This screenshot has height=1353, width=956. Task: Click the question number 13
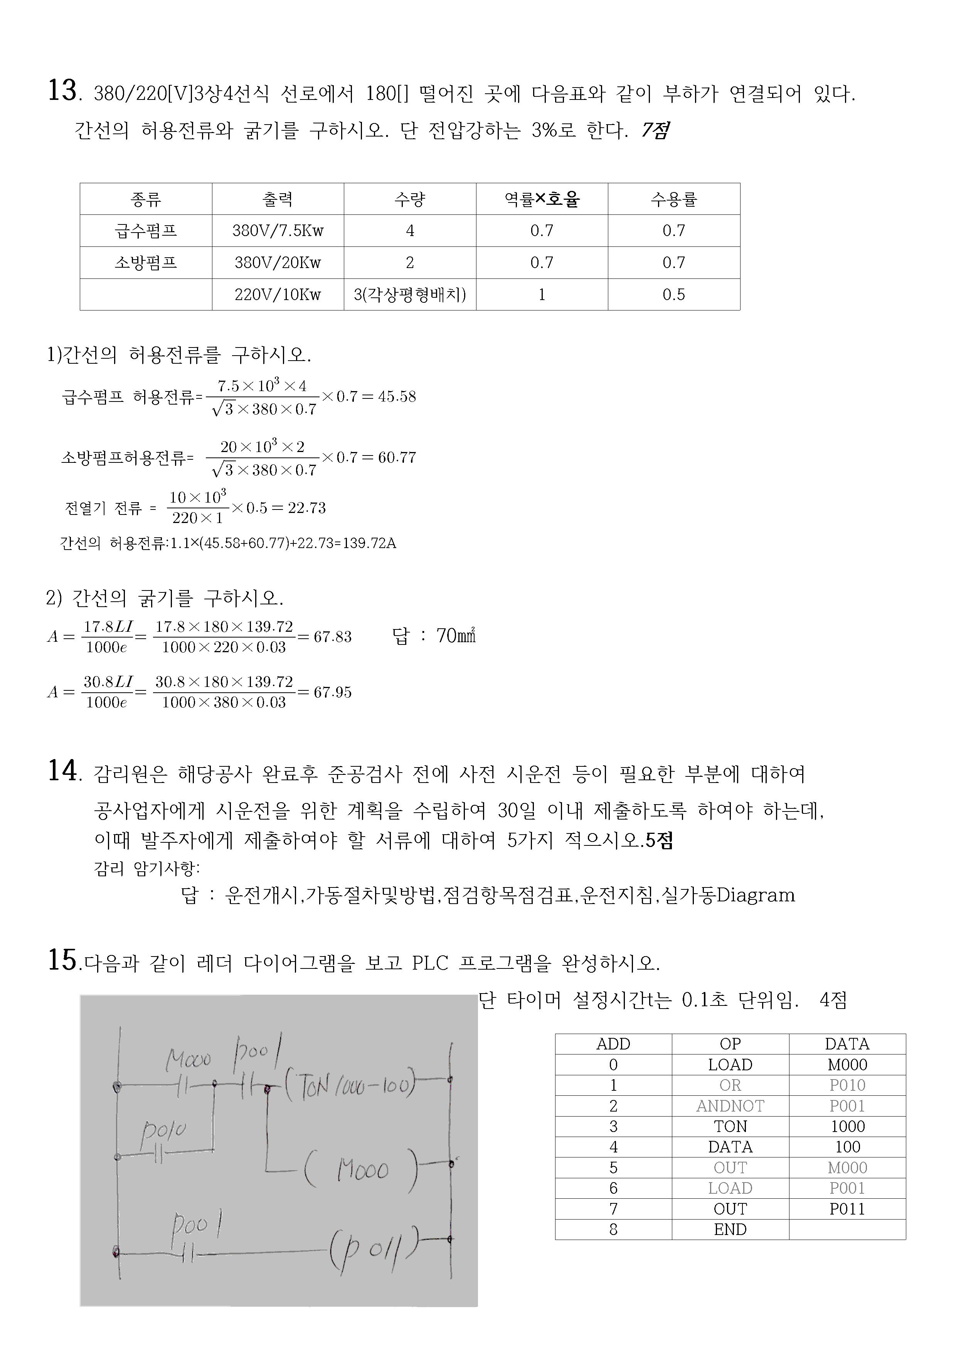pos(62,91)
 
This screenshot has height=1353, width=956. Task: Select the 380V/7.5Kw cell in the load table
pos(278,230)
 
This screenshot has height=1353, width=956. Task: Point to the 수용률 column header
pos(673,199)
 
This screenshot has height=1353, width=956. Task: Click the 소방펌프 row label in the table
pos(145,262)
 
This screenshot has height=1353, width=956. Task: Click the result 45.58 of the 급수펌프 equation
pos(397,396)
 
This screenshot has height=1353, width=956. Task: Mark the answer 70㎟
pos(455,636)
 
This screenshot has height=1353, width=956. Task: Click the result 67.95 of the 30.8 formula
pos(332,692)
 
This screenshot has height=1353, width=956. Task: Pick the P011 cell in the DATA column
pos(847,1209)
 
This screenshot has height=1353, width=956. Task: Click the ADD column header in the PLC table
pos(613,1044)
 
